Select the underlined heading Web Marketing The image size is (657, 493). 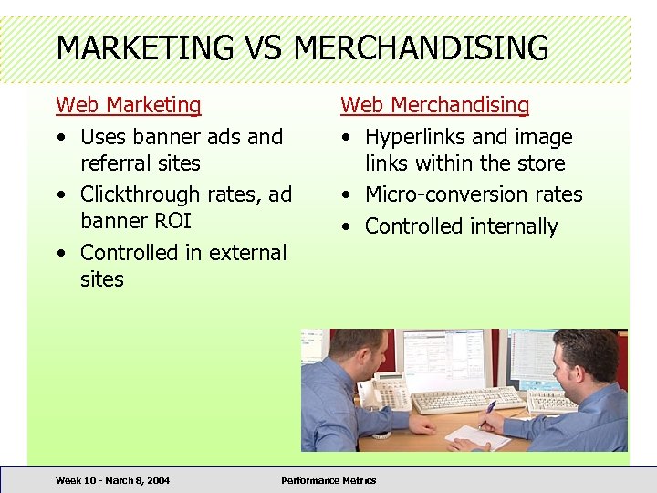[x=128, y=105]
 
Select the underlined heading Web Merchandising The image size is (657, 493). [x=434, y=105]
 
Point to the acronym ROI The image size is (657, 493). [x=171, y=221]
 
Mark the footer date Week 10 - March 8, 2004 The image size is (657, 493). [x=112, y=480]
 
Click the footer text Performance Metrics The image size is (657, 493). [x=328, y=480]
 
